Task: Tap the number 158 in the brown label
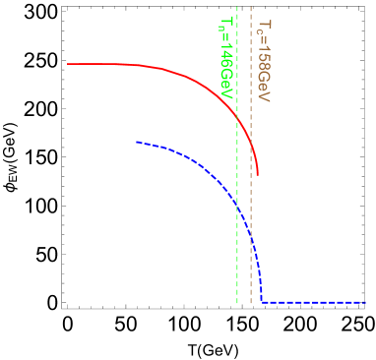263,65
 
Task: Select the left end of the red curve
68,64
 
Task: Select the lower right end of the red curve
258,176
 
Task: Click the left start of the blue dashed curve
137,143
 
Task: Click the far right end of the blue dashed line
365,302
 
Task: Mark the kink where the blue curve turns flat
262,301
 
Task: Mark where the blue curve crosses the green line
237,202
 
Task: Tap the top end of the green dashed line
237,8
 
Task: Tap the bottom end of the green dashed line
237,303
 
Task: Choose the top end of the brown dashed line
251,8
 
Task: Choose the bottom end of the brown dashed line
251,303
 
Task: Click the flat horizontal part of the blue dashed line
315,302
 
